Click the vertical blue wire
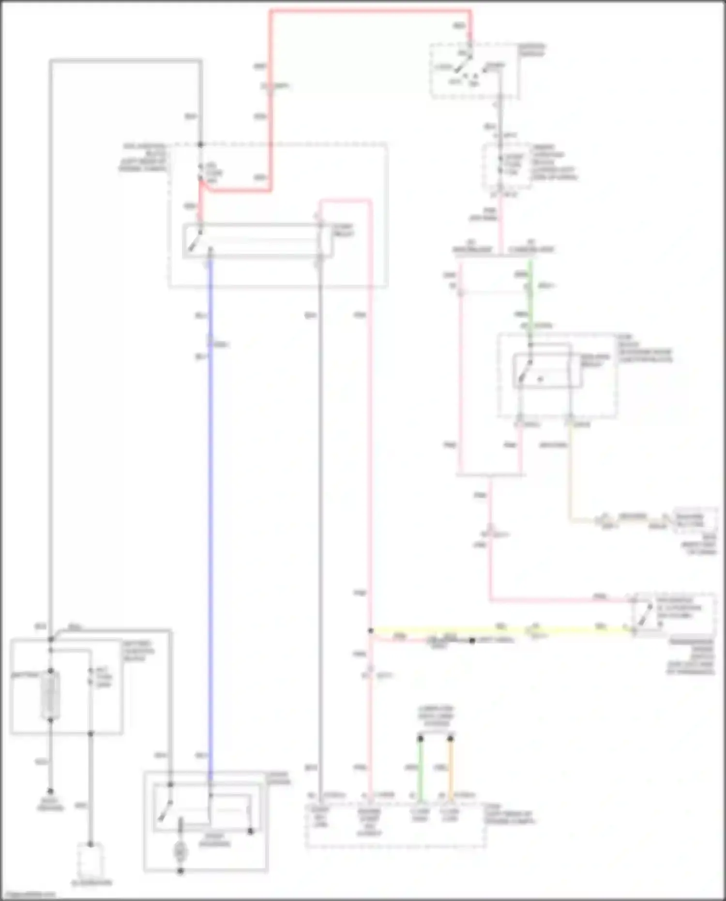click(210, 533)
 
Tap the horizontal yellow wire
click(484, 631)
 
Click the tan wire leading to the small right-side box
click(571, 474)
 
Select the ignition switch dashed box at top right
click(474, 71)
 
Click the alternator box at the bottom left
click(91, 859)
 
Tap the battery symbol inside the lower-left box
click(50, 695)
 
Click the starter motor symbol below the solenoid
click(180, 850)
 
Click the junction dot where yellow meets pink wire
click(370, 631)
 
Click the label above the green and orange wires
click(436, 716)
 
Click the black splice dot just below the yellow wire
click(472, 641)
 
